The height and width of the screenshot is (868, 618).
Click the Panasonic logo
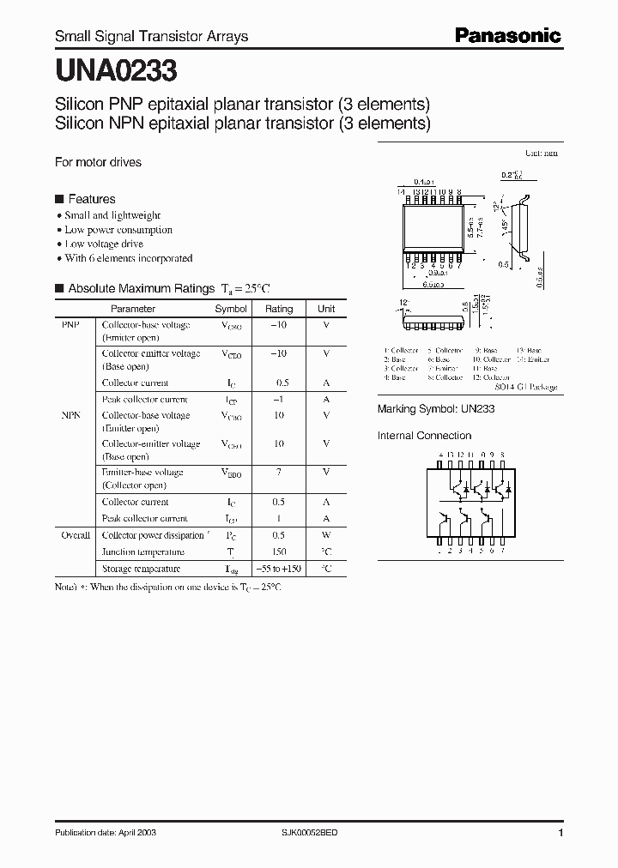tap(507, 35)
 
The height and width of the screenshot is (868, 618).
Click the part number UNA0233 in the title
tap(117, 68)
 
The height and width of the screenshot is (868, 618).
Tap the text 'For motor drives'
tap(98, 162)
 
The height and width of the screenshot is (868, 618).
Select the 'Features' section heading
tap(91, 198)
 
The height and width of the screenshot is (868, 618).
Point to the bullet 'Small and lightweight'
tap(112, 215)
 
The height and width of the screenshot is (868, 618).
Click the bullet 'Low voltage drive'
tap(104, 244)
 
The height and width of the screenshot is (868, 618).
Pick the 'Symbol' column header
tap(231, 309)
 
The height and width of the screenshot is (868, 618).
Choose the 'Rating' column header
tap(279, 309)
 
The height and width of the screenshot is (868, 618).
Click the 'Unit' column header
tap(326, 309)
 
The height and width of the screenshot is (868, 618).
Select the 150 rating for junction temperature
tap(279, 552)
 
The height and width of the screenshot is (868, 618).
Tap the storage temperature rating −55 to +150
tap(279, 569)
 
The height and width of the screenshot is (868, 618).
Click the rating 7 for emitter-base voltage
tap(279, 473)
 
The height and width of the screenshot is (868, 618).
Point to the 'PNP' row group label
tap(70, 325)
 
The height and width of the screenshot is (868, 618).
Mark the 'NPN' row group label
tap(70, 415)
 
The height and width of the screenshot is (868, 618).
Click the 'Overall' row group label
tap(76, 535)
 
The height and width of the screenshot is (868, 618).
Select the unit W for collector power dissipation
tap(326, 535)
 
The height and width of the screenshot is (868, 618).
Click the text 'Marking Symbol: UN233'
tap(436, 410)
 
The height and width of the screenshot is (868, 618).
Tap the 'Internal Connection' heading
tap(425, 436)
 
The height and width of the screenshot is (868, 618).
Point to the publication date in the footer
tap(106, 832)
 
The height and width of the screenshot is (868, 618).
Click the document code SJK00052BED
tap(311, 832)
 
